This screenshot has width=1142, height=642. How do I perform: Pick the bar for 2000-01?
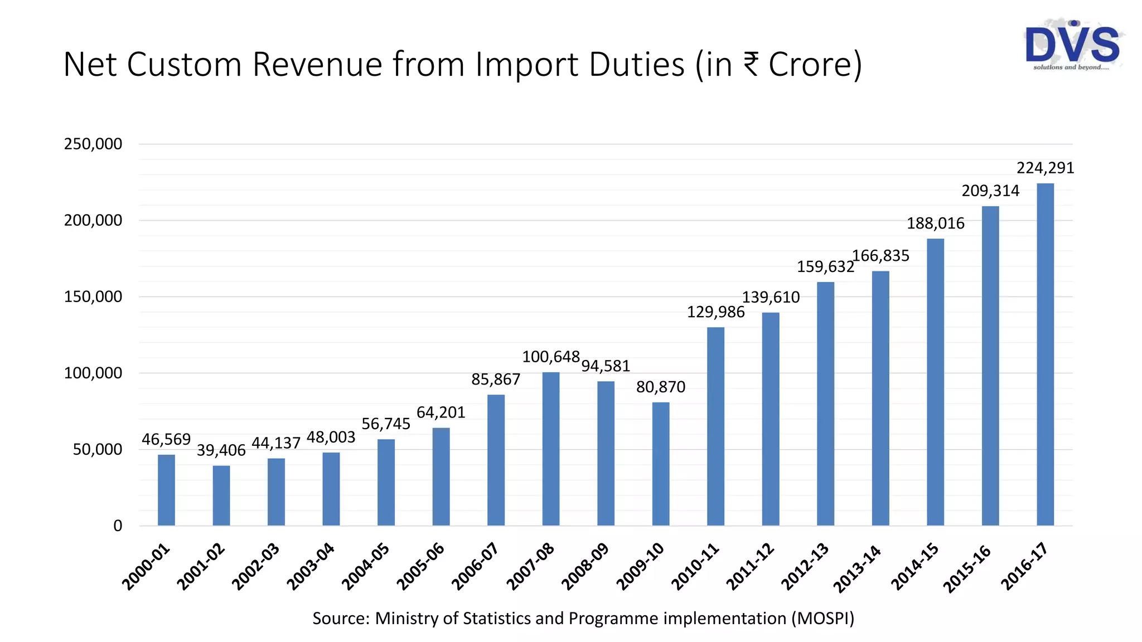point(166,490)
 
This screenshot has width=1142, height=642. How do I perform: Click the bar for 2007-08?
point(551,449)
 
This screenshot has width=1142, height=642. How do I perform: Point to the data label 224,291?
point(1045,168)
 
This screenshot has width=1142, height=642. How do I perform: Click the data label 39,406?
point(221,450)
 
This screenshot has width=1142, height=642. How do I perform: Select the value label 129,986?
point(715,312)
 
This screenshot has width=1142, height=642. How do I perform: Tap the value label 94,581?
point(606,366)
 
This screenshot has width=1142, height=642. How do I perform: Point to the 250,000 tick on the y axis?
point(93,144)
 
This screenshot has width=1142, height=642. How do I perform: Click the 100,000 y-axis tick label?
point(93,373)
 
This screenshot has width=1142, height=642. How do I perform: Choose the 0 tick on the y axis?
point(118,526)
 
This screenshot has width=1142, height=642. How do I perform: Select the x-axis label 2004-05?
point(366,566)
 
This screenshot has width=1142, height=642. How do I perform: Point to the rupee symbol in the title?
point(751,64)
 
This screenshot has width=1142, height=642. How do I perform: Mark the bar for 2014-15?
point(935,382)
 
